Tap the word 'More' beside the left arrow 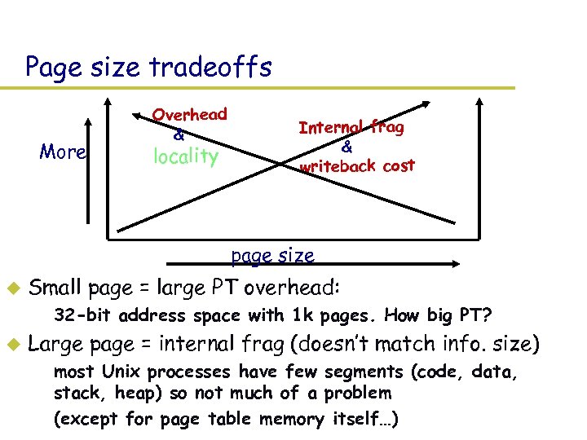pos(63,152)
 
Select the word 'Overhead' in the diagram pos(190,115)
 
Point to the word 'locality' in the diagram pos(186,156)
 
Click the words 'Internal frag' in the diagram pos(351,127)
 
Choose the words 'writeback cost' pos(357,166)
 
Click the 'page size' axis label pos(271,255)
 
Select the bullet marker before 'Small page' pos(12,288)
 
